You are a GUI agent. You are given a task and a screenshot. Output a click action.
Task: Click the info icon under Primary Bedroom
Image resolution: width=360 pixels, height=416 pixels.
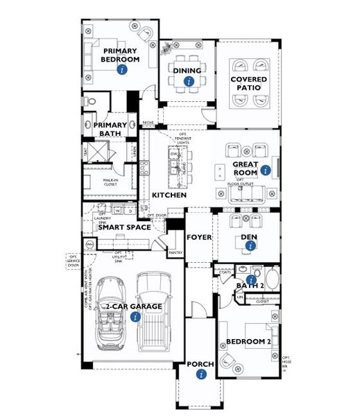pos(122,70)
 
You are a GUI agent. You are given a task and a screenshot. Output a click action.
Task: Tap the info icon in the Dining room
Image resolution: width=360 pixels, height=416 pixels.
pos(187,82)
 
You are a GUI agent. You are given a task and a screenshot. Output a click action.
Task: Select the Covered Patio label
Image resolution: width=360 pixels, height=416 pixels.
pos(249,85)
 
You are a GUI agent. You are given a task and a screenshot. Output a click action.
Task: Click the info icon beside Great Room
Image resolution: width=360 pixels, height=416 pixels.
pos(264,168)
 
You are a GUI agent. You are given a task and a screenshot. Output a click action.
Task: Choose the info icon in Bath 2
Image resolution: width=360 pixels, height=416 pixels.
pos(250,279)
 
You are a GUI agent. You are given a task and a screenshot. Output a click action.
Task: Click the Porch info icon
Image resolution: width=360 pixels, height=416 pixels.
pos(200,374)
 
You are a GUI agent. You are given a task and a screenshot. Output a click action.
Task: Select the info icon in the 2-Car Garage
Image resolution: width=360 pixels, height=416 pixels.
pos(135,317)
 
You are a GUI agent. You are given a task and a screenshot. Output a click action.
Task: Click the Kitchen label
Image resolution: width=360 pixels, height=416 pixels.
pos(169,196)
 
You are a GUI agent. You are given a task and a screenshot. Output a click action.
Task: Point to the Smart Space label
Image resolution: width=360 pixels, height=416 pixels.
pos(125,227)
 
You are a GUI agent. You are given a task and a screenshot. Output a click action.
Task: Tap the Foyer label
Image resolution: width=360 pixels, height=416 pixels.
pos(198,237)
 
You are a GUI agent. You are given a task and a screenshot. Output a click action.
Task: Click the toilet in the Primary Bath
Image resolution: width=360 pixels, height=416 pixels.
pos(92,103)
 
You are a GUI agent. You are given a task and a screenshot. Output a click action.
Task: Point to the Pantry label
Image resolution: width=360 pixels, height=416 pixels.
pos(176,253)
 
